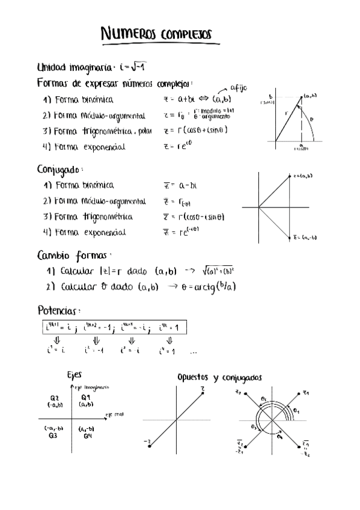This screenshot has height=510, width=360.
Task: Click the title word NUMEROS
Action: pos(128,35)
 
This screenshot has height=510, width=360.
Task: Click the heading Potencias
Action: pos(58,311)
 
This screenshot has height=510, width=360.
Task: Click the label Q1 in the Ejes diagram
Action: pos(85,398)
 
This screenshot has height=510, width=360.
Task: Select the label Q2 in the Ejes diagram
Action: pos(54,398)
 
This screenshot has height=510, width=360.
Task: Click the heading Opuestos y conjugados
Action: pos(219,378)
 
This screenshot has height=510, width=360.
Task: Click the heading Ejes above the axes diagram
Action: pos(74,375)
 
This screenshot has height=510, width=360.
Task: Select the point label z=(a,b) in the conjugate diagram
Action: pos(303,176)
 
